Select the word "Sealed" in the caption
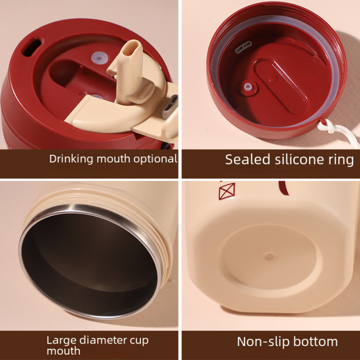(247, 159)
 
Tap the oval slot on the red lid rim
(32, 47)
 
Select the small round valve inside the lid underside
(247, 87)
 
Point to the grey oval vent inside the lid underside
(243, 47)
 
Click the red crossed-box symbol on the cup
(227, 191)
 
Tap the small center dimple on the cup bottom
(269, 256)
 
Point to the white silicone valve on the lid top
(99, 58)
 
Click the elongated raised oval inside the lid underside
(281, 86)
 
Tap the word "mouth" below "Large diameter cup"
(63, 351)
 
